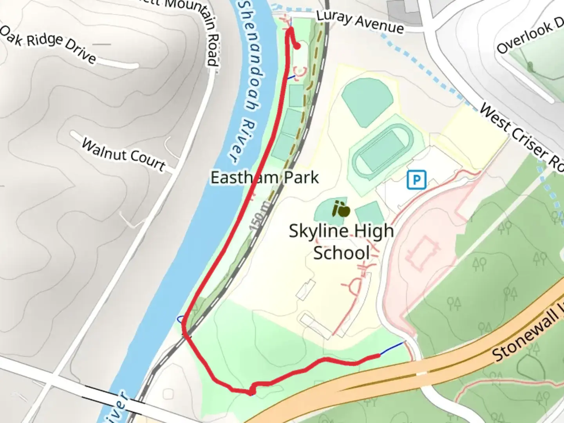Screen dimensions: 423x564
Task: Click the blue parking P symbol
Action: click(416, 180)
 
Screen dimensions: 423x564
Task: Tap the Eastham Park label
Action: click(265, 177)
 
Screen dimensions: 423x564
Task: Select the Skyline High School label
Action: click(341, 241)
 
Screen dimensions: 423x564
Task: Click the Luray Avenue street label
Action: click(360, 22)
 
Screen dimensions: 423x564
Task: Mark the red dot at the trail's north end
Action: click(297, 46)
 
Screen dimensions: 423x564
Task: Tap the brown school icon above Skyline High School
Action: click(340, 209)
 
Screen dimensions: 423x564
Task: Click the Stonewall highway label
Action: click(526, 335)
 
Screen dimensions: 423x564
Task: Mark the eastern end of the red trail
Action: click(378, 356)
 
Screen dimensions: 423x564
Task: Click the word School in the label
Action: click(341, 253)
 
